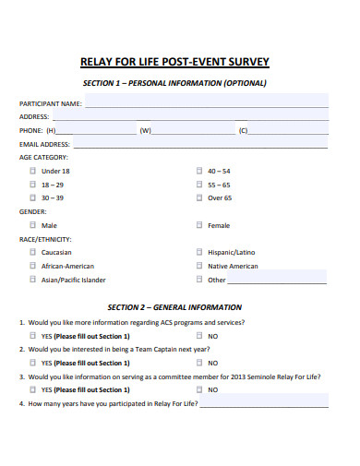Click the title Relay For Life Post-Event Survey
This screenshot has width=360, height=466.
click(175, 62)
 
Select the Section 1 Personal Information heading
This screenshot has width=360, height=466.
click(174, 83)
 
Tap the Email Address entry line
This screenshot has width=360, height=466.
click(199, 144)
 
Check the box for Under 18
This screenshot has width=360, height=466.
click(33, 171)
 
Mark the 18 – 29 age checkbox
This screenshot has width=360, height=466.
click(33, 185)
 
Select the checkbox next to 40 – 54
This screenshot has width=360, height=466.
click(199, 171)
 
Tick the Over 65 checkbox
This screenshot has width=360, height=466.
click(199, 197)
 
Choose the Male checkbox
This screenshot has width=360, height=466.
click(33, 225)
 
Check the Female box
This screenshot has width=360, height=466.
click(199, 225)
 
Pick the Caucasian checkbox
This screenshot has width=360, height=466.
click(33, 252)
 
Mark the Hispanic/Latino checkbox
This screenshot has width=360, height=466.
click(199, 252)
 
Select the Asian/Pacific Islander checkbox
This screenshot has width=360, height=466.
click(33, 279)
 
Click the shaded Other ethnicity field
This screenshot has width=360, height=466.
click(277, 279)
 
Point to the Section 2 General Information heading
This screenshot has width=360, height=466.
click(174, 307)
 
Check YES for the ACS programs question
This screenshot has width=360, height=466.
click(33, 336)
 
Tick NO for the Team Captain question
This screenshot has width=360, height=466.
click(199, 363)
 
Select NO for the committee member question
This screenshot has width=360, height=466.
click(199, 389)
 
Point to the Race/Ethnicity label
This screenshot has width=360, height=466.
click(45, 238)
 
